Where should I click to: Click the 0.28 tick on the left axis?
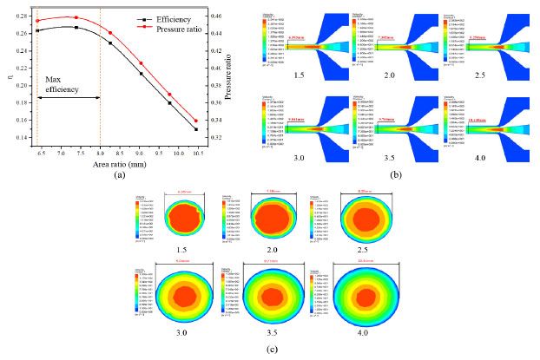[x=22, y=16]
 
